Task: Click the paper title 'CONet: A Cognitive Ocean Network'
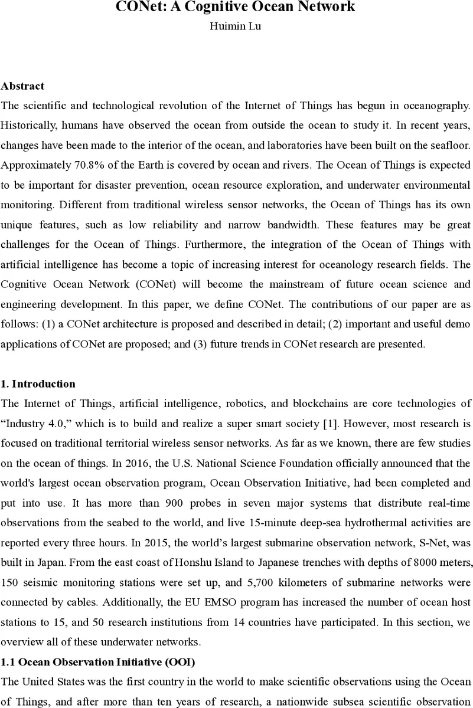click(236, 7)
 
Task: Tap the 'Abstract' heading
click(22, 86)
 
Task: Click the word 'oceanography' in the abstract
click(435, 106)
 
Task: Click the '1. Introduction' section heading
click(38, 384)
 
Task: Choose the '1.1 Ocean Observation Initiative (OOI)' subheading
click(86, 663)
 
